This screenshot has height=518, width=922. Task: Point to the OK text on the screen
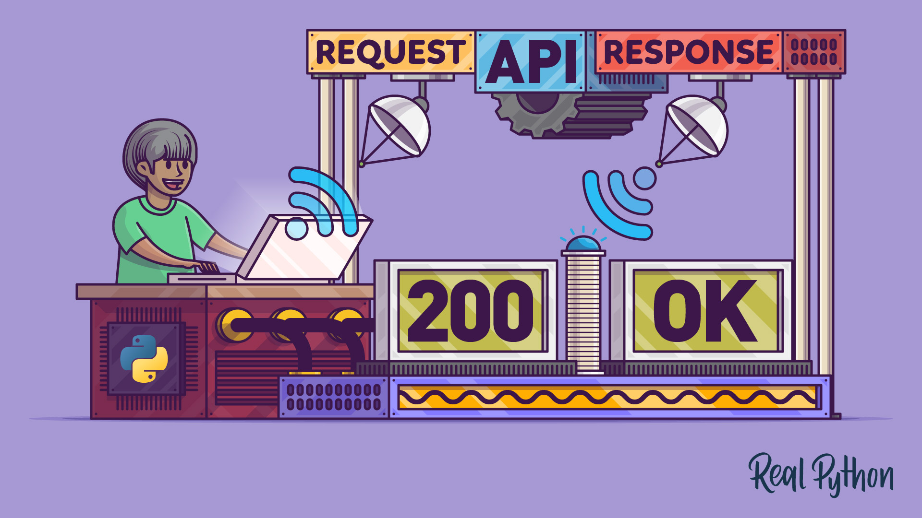click(x=705, y=311)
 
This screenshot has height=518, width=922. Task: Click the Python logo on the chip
click(x=144, y=358)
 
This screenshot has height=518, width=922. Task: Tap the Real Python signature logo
click(x=821, y=475)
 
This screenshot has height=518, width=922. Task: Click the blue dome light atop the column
click(x=583, y=244)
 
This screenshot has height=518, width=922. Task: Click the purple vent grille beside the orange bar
click(x=333, y=397)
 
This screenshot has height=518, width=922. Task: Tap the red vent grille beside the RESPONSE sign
click(x=814, y=52)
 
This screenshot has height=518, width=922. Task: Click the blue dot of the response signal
click(x=644, y=178)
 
